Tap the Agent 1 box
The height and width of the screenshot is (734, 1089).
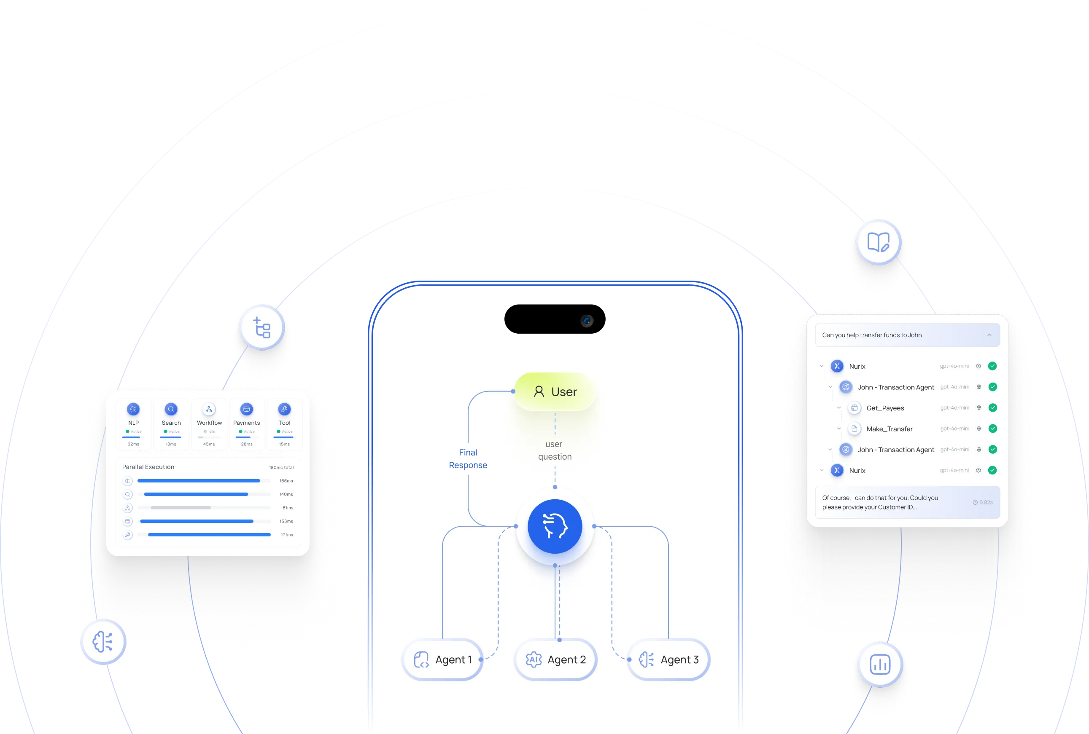[443, 659]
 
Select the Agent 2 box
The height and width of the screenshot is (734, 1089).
[555, 659]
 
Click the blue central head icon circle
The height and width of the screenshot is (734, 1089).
[555, 526]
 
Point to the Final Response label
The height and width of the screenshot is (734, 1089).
[468, 459]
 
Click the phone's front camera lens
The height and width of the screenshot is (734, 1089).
[587, 321]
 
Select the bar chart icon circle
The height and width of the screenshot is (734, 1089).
[879, 664]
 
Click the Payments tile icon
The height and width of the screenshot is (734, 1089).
[246, 409]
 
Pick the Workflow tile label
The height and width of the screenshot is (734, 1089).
[209, 423]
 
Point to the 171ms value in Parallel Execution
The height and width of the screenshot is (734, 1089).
[287, 535]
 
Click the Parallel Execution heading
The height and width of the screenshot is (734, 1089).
[148, 467]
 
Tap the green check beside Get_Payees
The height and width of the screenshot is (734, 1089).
[992, 408]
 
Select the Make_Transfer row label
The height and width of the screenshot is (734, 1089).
[890, 429]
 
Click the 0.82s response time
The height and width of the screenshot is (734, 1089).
[983, 502]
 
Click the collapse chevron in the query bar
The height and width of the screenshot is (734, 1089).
[989, 335]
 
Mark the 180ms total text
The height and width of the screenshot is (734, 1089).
[281, 467]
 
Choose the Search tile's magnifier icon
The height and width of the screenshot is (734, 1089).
[171, 409]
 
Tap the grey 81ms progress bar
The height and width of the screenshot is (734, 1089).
[181, 508]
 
